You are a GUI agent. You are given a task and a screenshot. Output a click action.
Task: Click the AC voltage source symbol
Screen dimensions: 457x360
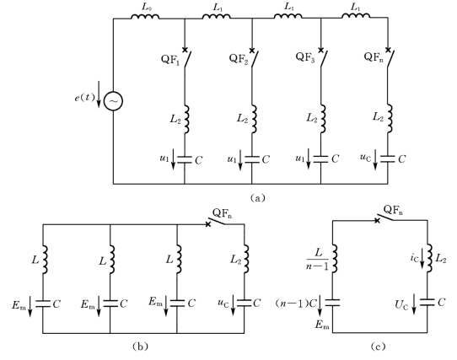113,101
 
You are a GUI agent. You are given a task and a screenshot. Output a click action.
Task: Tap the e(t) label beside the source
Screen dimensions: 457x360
84,97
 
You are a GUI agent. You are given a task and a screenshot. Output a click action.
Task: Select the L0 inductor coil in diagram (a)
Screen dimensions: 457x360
145,17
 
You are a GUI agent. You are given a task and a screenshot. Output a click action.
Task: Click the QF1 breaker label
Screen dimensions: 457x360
170,60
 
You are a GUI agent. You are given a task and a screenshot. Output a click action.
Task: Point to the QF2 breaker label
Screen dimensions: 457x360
239,58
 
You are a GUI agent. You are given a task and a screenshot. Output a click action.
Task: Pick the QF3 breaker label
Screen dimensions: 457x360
305,57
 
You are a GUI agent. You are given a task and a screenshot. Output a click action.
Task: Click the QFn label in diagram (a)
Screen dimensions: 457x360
374,56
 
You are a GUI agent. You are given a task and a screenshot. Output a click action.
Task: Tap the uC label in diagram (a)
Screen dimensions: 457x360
365,158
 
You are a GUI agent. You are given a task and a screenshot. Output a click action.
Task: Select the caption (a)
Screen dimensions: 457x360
258,198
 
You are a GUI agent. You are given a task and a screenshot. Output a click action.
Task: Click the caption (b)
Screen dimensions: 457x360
140,346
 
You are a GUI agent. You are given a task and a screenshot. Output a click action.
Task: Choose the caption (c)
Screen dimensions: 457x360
378,346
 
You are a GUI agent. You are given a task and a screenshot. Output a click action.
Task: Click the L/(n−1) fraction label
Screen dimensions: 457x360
317,259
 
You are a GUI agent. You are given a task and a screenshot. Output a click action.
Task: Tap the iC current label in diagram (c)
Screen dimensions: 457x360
414,258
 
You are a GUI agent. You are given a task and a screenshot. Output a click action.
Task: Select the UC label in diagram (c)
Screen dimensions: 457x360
401,305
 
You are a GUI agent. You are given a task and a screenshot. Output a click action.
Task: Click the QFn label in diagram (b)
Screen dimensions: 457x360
223,213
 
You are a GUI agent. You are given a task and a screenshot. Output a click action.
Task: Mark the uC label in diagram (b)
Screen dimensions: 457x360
223,303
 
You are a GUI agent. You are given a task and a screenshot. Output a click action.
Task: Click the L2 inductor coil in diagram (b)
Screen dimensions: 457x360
246,259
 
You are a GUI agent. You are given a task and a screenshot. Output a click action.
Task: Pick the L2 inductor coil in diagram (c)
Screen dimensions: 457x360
430,258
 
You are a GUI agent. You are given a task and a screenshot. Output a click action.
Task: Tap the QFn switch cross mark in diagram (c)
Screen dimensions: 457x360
377,220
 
